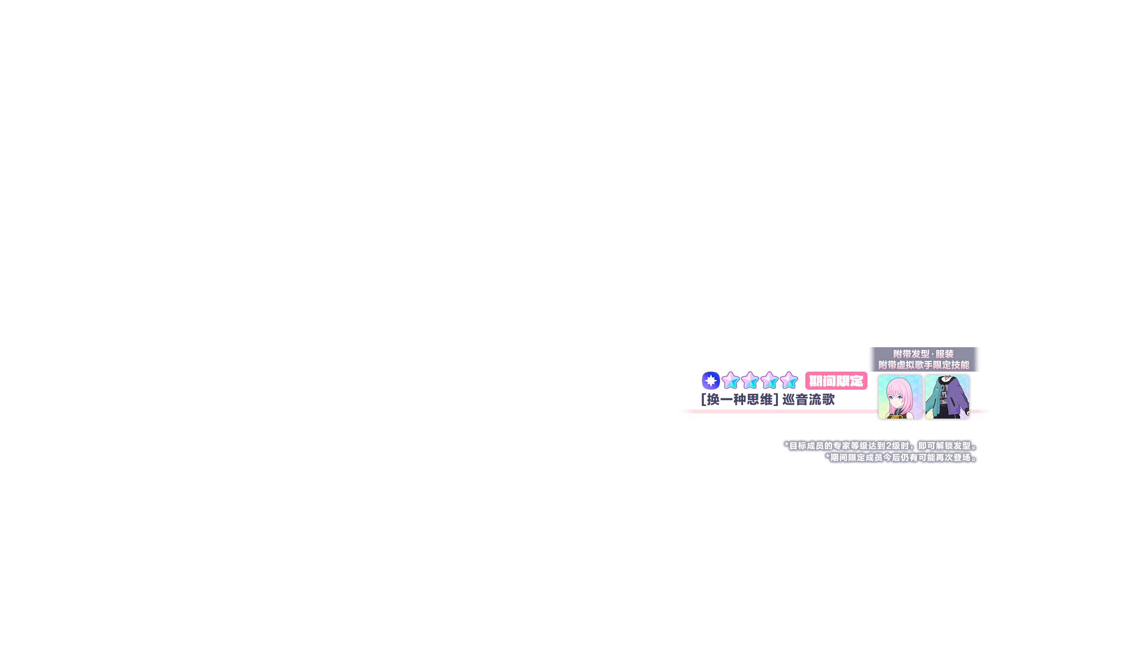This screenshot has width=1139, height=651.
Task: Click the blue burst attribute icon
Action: click(711, 381)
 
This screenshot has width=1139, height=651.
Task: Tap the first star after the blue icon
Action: click(730, 381)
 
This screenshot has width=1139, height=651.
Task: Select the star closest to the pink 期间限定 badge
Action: click(789, 381)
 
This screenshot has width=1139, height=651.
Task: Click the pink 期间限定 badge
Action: click(836, 381)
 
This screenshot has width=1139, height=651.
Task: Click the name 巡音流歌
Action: click(809, 400)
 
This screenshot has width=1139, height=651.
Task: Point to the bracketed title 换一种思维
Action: click(740, 400)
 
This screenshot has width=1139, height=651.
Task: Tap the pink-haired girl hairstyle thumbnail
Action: click(900, 397)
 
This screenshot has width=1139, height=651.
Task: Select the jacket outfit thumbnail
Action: click(947, 397)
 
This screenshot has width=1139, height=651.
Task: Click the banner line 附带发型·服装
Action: click(923, 354)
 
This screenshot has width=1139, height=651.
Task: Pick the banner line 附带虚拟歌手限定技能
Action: click(923, 365)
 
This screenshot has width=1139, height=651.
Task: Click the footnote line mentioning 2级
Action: click(881, 446)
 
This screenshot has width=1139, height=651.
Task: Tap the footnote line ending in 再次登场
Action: click(901, 458)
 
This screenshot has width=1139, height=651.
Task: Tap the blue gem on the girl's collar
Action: click(899, 411)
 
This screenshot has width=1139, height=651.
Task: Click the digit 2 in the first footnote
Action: click(889, 446)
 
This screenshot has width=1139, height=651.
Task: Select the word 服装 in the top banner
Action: click(945, 354)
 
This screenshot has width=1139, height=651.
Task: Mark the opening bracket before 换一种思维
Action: click(703, 400)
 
